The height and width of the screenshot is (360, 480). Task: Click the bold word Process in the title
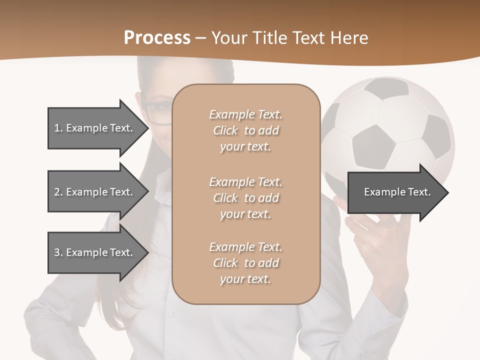(157, 37)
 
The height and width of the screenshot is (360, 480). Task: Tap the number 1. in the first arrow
(58, 128)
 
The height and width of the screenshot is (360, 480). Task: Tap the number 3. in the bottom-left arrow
(58, 252)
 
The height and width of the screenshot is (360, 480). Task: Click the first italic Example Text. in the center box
(245, 114)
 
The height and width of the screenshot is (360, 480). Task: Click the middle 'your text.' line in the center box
(245, 214)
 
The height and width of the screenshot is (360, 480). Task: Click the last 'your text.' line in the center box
(245, 279)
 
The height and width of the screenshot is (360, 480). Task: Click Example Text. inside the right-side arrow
(397, 192)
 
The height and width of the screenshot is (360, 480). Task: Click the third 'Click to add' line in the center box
(245, 263)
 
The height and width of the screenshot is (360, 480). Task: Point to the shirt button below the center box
(173, 314)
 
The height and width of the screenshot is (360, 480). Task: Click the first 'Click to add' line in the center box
(245, 130)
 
